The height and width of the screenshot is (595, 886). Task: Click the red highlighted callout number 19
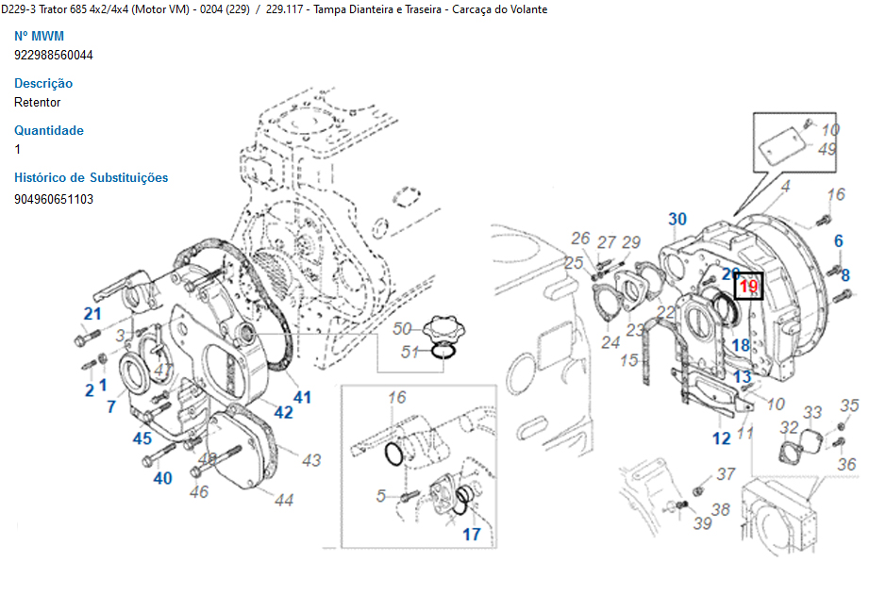point(748,286)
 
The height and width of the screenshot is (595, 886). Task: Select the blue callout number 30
point(677,220)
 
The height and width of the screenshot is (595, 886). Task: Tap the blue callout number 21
point(92,314)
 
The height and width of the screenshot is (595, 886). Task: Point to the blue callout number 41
point(301,397)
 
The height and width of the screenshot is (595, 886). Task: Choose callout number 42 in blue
point(283,412)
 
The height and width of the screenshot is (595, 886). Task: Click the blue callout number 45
point(142,438)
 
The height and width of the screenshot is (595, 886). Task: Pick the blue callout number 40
point(163,478)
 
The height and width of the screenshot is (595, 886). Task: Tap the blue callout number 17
point(471,534)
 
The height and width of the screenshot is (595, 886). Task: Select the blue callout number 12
point(721,438)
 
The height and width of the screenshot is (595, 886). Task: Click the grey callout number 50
point(403,328)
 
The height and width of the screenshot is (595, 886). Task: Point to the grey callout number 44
point(284,500)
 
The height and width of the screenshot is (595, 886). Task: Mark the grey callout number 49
point(827,149)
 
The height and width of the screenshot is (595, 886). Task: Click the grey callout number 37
point(726,473)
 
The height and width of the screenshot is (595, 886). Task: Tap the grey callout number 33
point(812,412)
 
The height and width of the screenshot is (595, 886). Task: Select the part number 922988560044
point(54,55)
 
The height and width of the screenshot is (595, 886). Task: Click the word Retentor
point(38,102)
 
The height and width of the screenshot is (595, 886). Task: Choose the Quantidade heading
point(49,130)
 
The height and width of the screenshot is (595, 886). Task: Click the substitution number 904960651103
point(54,199)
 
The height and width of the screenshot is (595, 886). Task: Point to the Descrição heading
point(43,83)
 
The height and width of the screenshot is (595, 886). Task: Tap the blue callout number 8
point(845,275)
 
